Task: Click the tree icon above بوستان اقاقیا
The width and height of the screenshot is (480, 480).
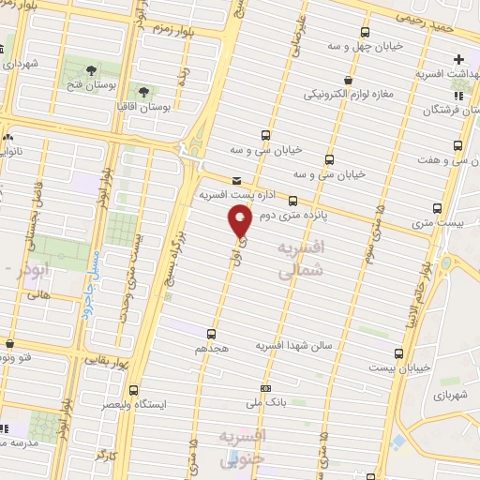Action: pos(143,92)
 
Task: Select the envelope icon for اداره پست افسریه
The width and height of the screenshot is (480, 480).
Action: pos(234,180)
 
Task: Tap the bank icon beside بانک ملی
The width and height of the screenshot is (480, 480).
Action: pos(265,388)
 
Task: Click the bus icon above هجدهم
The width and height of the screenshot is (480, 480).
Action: pos(210,333)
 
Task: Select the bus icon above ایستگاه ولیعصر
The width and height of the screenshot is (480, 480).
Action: pos(132,388)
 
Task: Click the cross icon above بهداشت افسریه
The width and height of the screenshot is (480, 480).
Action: pos(458,58)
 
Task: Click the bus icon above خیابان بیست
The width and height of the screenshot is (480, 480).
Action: pos(399,353)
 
